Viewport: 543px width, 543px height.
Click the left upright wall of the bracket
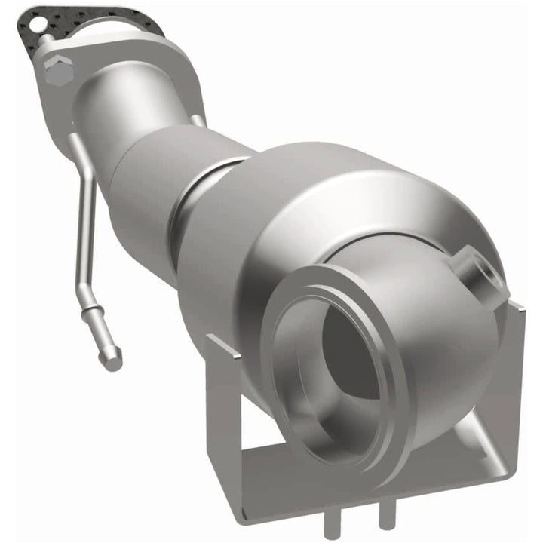[x=226, y=400]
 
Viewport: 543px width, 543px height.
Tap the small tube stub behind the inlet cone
[x=198, y=119]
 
